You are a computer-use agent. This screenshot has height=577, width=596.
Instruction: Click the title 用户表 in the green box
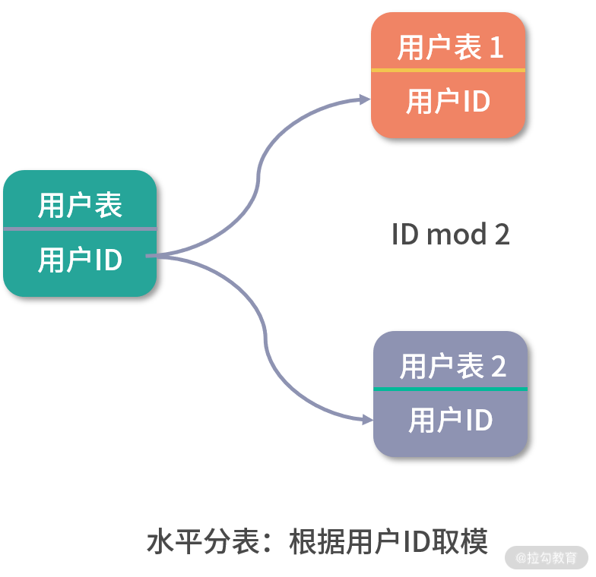point(80,206)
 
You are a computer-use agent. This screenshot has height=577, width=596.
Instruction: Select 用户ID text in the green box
point(80,260)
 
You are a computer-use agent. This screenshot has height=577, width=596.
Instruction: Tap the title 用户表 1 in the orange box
point(450,48)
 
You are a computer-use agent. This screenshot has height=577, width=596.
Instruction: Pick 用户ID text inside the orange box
point(448,102)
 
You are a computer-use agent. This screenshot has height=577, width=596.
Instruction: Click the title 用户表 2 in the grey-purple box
point(452,367)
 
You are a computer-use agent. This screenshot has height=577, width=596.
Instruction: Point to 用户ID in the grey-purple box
point(450,421)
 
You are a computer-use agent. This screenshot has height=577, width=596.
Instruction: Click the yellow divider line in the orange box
point(448,70)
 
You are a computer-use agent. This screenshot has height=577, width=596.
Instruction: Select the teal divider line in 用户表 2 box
point(450,389)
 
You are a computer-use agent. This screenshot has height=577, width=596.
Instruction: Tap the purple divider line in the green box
point(80,229)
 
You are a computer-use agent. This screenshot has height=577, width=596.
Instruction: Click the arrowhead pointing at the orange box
point(365,99)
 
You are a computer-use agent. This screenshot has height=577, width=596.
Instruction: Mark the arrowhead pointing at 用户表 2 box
point(367,418)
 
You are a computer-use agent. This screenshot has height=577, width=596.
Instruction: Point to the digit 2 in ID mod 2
point(502,235)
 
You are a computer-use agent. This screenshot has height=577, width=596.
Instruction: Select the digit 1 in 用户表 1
point(496,49)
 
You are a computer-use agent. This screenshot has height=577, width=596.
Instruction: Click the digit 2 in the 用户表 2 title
point(499,367)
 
